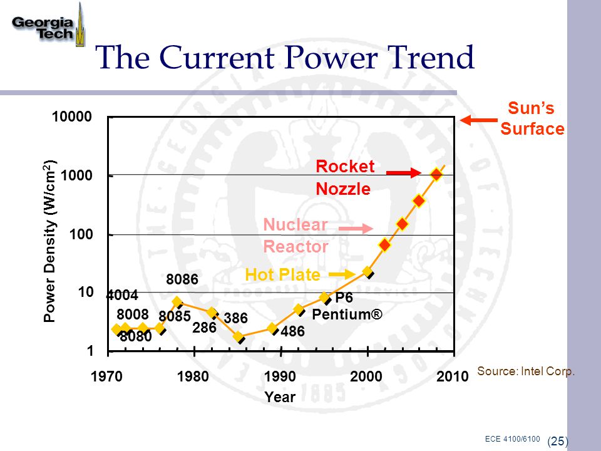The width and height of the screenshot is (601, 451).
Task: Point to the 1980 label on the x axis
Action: pyautogui.click(x=194, y=377)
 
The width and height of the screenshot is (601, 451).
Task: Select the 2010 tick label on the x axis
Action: pyautogui.click(x=453, y=377)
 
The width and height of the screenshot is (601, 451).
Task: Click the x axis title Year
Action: pyautogui.click(x=280, y=397)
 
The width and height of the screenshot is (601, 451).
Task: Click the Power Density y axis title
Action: pyautogui.click(x=51, y=241)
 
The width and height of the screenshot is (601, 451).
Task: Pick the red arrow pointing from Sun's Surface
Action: pyautogui.click(x=479, y=121)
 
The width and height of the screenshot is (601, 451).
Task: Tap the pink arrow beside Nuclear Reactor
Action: pyautogui.click(x=359, y=229)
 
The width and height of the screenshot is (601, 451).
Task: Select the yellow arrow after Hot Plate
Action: pyautogui.click(x=341, y=274)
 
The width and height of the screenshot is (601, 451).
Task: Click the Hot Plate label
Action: pyautogui.click(x=282, y=274)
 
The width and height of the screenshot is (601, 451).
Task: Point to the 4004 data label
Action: pyautogui.click(x=122, y=295)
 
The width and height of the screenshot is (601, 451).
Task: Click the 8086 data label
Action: pyautogui.click(x=182, y=279)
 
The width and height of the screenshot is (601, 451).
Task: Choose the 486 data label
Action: pyautogui.click(x=292, y=331)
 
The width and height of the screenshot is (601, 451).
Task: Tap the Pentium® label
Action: pyautogui.click(x=347, y=314)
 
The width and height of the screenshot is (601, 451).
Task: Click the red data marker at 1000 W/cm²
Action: pyautogui.click(x=436, y=174)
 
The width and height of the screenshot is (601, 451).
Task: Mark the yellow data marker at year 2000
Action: pyautogui.click(x=368, y=271)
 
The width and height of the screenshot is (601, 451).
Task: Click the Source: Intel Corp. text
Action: pyautogui.click(x=526, y=371)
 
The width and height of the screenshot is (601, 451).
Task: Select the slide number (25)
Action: pyautogui.click(x=557, y=441)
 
